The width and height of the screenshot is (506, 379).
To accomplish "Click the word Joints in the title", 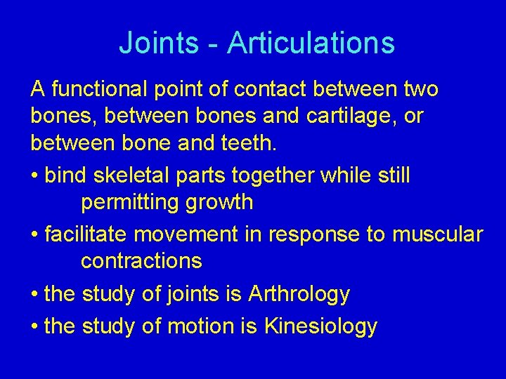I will (159, 44).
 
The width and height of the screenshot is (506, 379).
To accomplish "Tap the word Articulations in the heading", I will (311, 44).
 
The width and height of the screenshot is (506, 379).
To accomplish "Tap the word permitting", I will (131, 203).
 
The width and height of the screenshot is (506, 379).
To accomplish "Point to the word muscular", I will (437, 234).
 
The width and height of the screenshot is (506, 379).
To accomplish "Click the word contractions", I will (141, 261).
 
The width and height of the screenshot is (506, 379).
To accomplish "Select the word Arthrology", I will (299, 294).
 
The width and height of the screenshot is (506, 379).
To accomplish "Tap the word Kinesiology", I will (320, 326).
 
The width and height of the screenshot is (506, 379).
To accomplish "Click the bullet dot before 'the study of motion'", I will (34, 327).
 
